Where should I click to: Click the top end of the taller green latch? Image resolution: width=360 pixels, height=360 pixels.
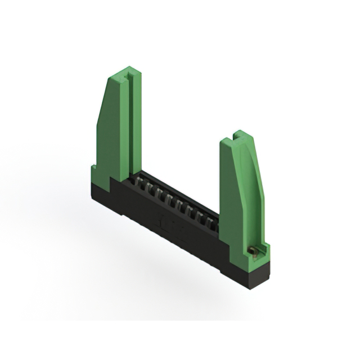tap(125, 71)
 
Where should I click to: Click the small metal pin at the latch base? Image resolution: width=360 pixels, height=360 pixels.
tap(254, 251)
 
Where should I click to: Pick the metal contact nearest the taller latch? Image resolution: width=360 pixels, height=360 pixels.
tap(138, 183)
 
